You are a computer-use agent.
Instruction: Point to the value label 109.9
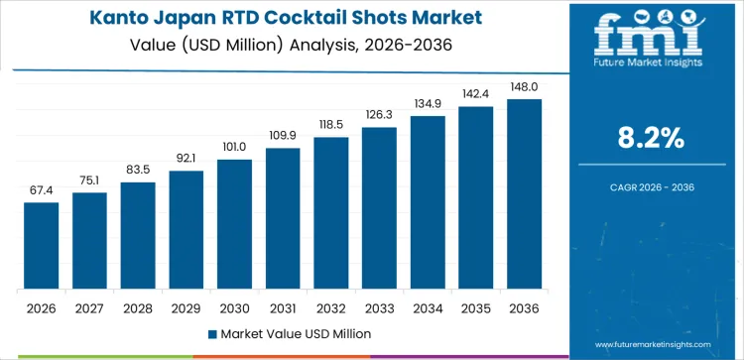tap(283, 136)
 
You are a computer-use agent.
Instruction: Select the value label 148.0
tap(525, 87)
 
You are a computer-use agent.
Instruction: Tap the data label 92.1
tap(186, 159)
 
